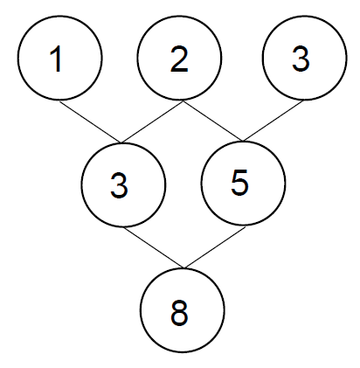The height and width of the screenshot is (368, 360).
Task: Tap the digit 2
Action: click(179, 59)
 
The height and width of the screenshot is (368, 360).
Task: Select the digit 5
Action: click(239, 183)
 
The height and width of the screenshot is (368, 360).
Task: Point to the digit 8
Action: click(179, 313)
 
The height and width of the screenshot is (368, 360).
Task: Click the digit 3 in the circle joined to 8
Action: click(119, 185)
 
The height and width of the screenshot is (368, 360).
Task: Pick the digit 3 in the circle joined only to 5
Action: click(301, 59)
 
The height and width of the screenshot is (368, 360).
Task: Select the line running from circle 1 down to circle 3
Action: click(91, 122)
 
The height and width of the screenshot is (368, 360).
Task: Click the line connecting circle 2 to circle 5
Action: click(213, 121)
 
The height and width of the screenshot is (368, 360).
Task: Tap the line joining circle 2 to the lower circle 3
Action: click(152, 122)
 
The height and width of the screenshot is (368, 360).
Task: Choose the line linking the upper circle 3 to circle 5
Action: click(273, 121)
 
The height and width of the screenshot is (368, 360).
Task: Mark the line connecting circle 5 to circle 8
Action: click(215, 247)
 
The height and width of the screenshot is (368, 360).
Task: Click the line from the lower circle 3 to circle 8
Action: click(154, 247)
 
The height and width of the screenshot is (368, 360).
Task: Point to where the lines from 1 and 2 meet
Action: click(121, 143)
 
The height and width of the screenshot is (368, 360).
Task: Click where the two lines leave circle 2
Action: click(183, 101)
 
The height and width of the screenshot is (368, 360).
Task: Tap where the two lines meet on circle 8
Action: click(184, 267)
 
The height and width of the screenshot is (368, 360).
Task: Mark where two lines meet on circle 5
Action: click(244, 142)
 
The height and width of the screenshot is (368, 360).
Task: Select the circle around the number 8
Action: click(141, 310)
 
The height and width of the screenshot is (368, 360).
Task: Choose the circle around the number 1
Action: click(17, 58)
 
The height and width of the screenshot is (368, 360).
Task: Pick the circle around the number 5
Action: click(201, 183)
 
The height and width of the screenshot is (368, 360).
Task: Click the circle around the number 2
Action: click(138, 58)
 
